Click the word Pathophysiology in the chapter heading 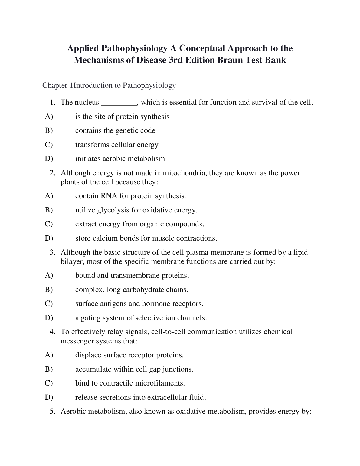pos(149,85)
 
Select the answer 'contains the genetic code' pos(115,130)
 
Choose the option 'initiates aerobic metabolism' pos(120,159)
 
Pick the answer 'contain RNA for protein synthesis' pos(130,196)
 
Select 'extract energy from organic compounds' pos(139,224)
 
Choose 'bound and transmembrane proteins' pos(132,275)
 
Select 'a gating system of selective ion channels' pos(141,318)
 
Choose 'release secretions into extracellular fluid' pos(140,397)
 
